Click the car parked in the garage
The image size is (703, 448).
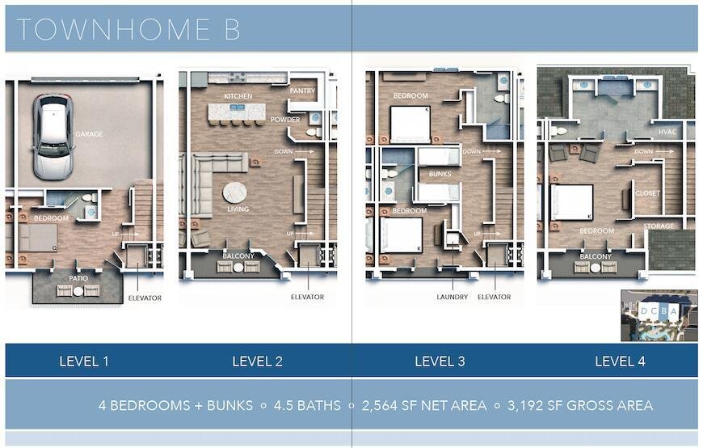tap(53, 137)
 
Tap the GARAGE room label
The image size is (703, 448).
tap(89, 133)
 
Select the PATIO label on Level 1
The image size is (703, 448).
tap(78, 278)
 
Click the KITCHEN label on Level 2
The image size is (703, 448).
tap(238, 96)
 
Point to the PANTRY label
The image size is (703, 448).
tap(303, 91)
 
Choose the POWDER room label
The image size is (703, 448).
tap(285, 120)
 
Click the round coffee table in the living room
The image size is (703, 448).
tap(234, 193)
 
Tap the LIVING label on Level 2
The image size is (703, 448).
tap(238, 209)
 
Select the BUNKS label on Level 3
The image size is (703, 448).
tap(440, 174)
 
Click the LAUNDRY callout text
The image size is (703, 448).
tap(452, 297)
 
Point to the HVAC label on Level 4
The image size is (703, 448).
tap(667, 132)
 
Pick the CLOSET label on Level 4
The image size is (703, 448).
tap(648, 193)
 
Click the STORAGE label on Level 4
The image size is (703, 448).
tap(659, 226)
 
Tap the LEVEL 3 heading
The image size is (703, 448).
tap(440, 361)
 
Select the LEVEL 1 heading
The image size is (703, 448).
tap(84, 361)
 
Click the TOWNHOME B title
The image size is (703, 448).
tap(128, 30)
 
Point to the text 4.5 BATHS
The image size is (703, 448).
tap(307, 405)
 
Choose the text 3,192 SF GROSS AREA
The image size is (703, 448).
tap(580, 405)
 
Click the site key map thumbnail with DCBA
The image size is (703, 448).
tap(659, 315)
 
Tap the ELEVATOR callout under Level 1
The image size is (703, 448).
tap(145, 298)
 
